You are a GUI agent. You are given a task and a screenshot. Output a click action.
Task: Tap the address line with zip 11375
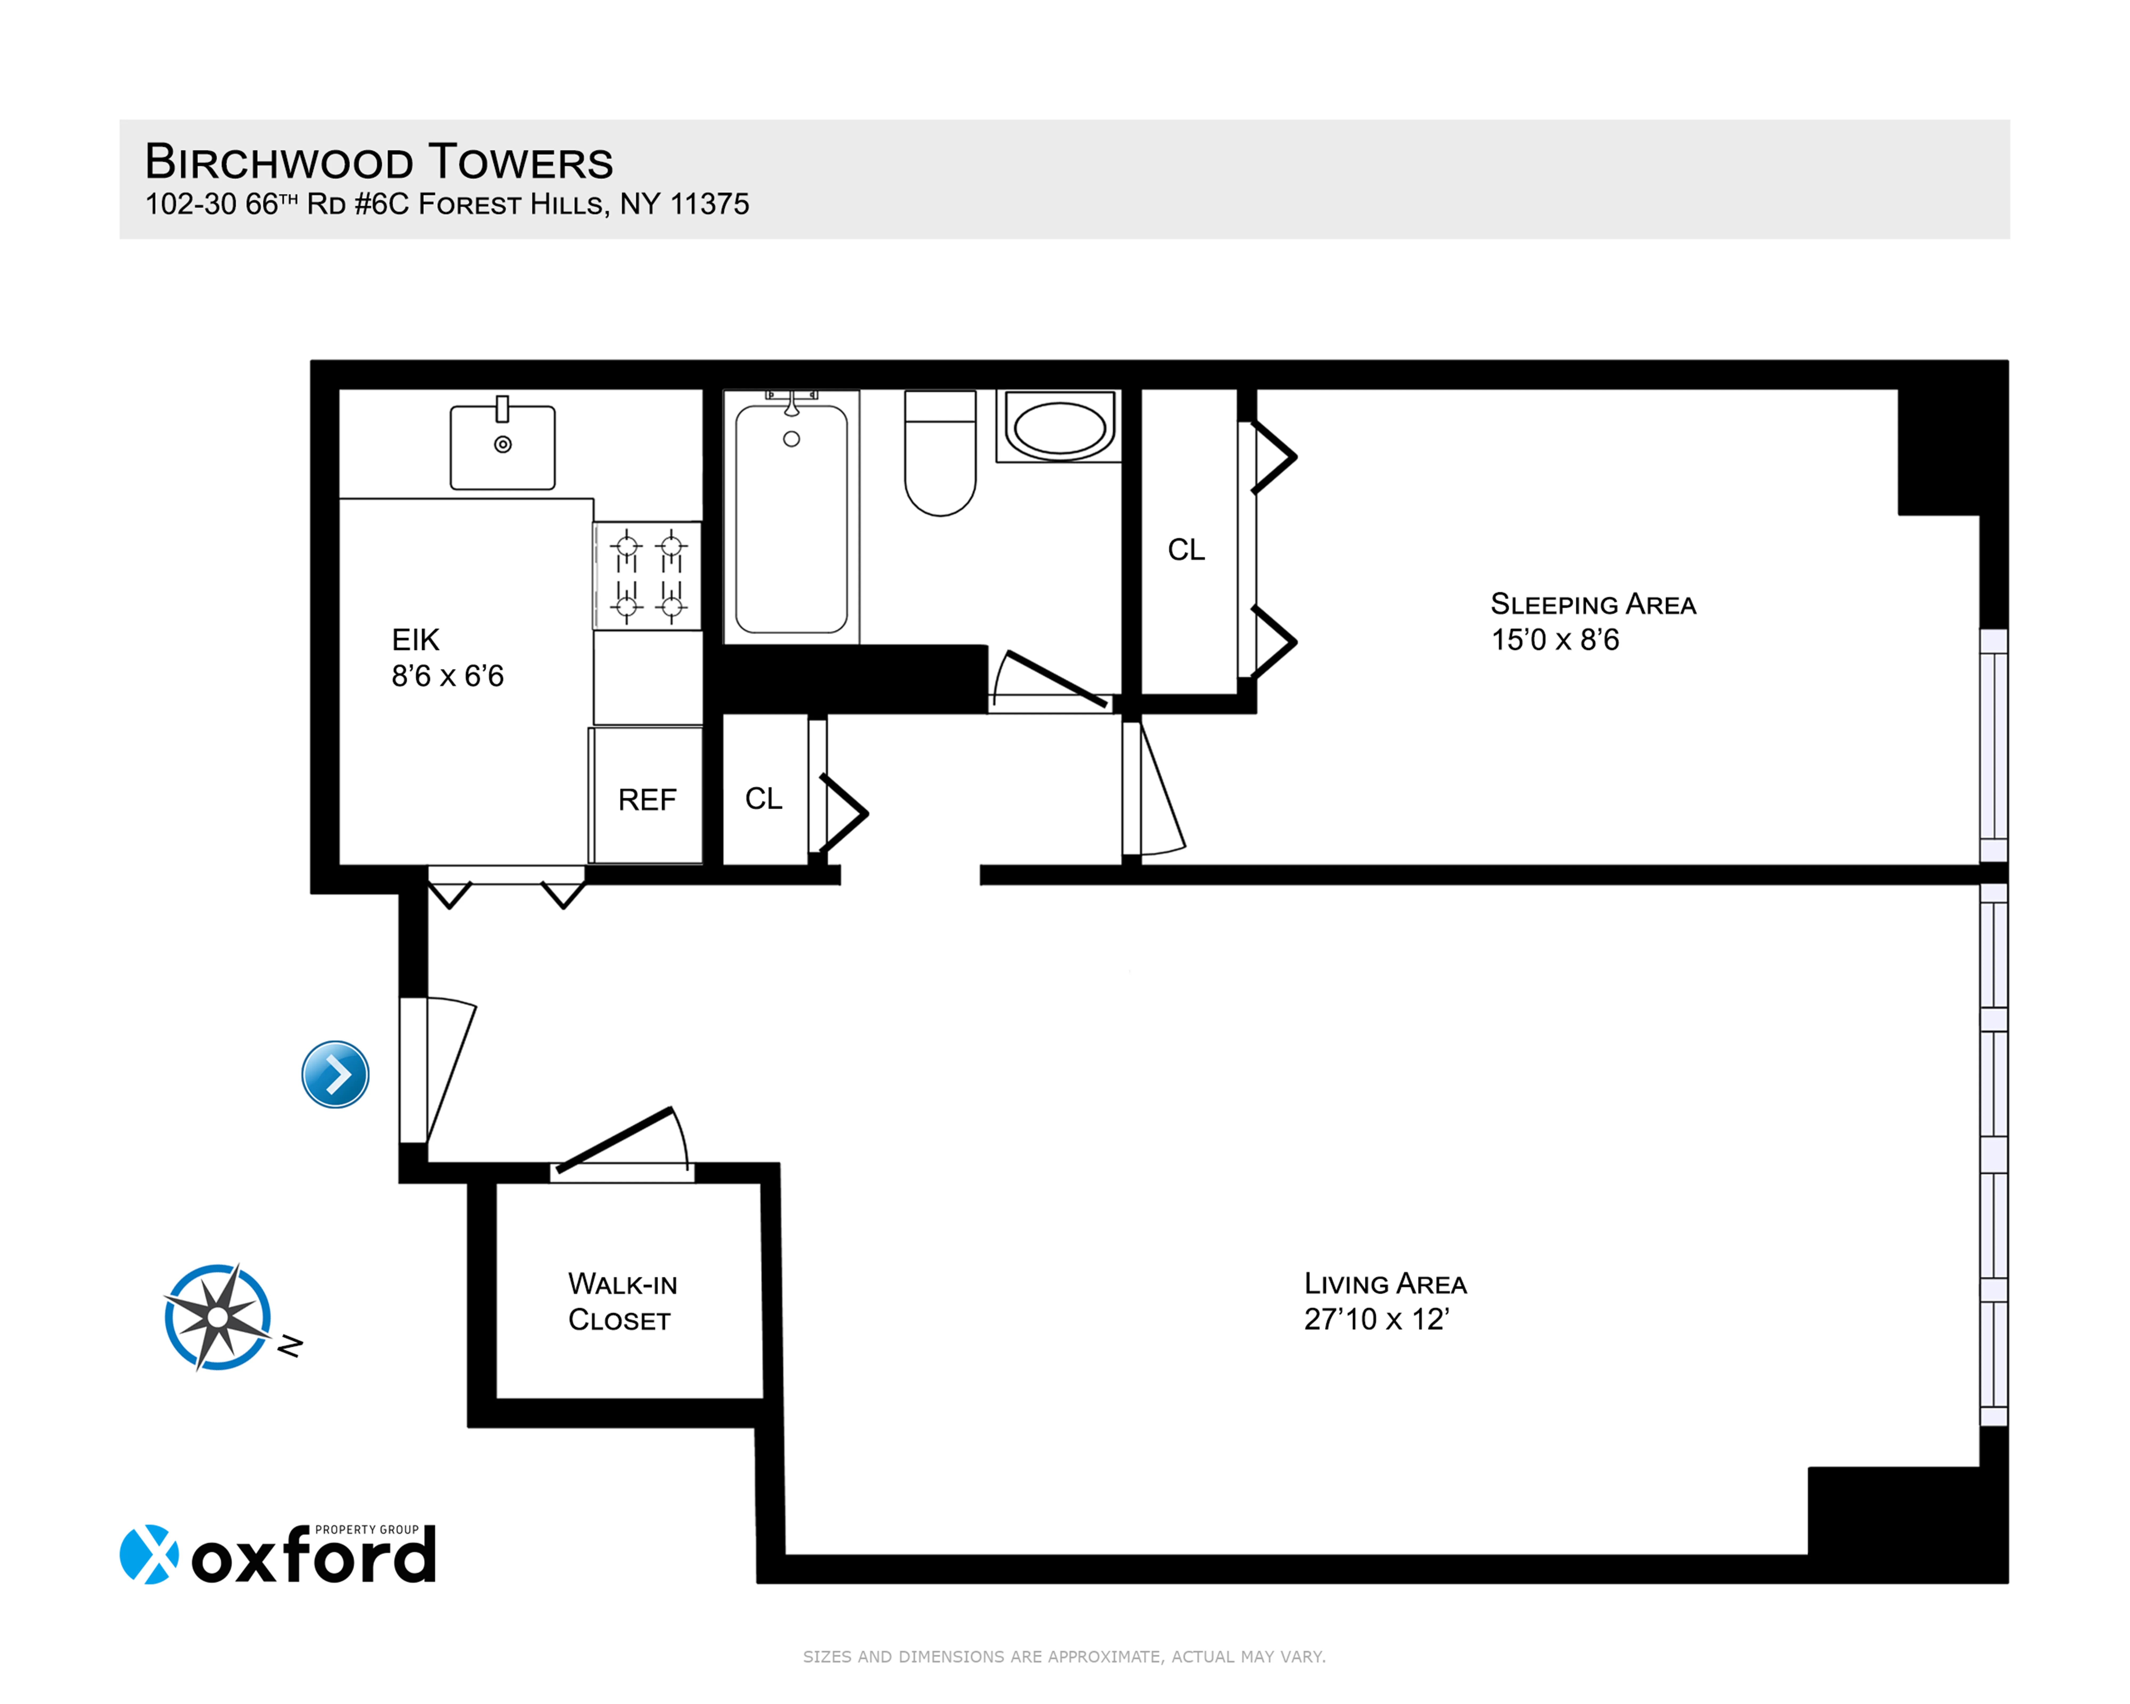(447, 204)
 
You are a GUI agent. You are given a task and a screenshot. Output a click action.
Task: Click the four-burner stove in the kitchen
(648, 575)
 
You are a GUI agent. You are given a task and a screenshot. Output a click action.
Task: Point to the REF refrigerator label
(647, 800)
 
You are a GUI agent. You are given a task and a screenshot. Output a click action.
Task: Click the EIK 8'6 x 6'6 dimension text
(448, 676)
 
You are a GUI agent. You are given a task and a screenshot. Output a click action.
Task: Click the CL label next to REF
(764, 798)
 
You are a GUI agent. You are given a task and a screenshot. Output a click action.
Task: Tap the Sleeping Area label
(1592, 605)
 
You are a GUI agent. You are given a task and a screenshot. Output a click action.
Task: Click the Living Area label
(1385, 1284)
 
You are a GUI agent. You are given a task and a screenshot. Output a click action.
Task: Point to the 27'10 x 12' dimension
(1376, 1320)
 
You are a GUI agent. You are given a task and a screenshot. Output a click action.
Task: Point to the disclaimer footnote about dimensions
(1064, 1657)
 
